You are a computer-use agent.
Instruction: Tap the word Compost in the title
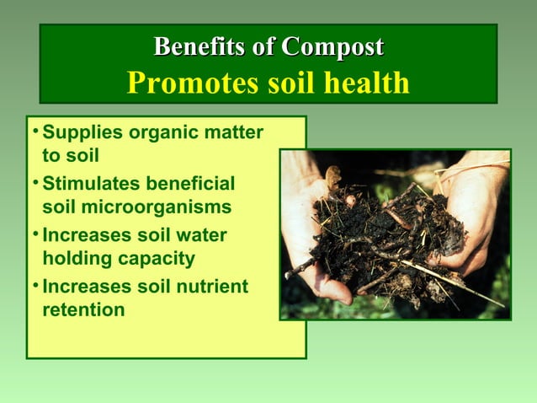(x=332, y=46)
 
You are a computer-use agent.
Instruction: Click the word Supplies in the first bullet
(x=78, y=132)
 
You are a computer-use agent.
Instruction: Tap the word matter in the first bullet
(x=233, y=132)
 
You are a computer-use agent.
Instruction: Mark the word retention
(x=83, y=309)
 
